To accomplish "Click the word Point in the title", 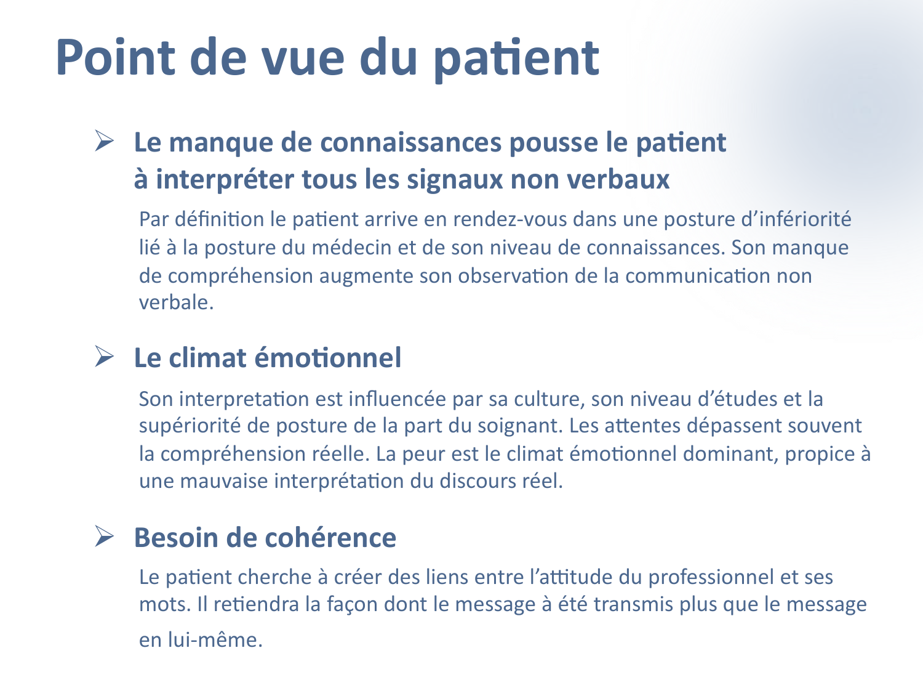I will pyautogui.click(x=117, y=57).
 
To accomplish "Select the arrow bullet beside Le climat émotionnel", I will pyautogui.click(x=105, y=357).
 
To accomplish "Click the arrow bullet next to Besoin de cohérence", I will pyautogui.click(x=105, y=537).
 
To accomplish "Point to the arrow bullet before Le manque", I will pyautogui.click(x=105, y=141).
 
